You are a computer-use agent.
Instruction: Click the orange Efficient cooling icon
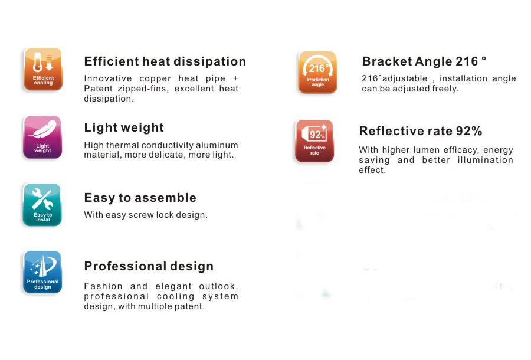pyautogui.click(x=43, y=70)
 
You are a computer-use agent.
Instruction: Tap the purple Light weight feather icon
pyautogui.click(x=42, y=137)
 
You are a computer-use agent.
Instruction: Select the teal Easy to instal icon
pyautogui.click(x=42, y=205)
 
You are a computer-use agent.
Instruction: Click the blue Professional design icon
pyautogui.click(x=42, y=272)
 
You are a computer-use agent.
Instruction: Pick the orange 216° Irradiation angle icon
pyautogui.click(x=317, y=73)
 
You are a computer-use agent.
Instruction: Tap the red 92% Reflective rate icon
pyautogui.click(x=314, y=141)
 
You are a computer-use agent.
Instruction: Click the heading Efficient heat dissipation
pyautogui.click(x=165, y=61)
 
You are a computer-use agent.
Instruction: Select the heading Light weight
pyautogui.click(x=124, y=127)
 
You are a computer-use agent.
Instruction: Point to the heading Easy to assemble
pyautogui.click(x=140, y=198)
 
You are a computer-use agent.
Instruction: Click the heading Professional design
pyautogui.click(x=149, y=266)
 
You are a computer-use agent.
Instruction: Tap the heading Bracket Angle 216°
pyautogui.click(x=424, y=61)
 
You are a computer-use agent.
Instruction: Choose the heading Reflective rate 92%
pyautogui.click(x=421, y=131)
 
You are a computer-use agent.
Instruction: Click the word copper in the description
pyautogui.click(x=155, y=79)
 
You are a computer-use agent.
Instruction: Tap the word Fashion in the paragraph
pyautogui.click(x=103, y=286)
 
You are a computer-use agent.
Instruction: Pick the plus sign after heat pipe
pyautogui.click(x=235, y=78)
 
